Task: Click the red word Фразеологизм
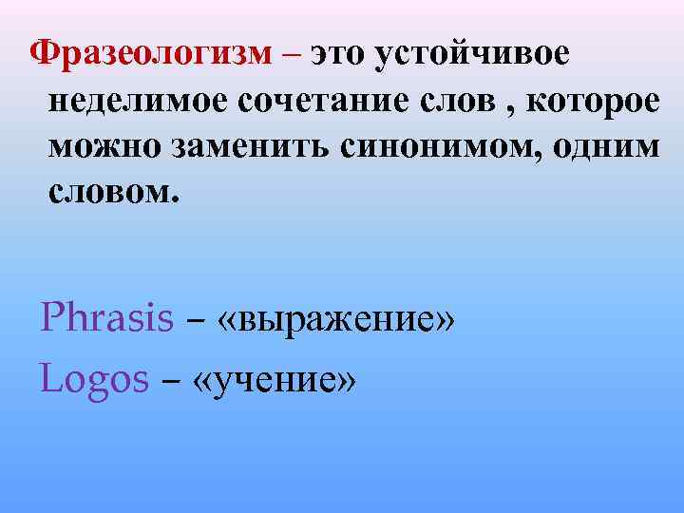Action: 152,56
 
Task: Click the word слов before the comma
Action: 465,103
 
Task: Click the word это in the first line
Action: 337,56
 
